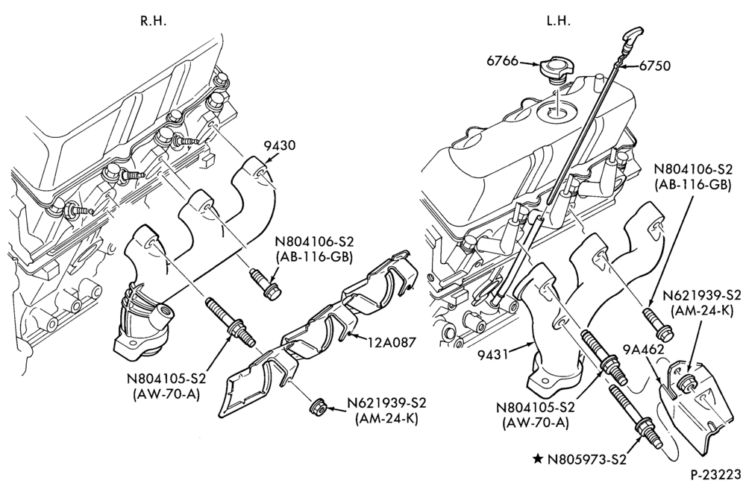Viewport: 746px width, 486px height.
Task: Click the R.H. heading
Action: pos(153,22)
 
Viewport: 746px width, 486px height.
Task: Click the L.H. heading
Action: pos(559,22)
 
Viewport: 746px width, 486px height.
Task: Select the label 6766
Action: pos(502,61)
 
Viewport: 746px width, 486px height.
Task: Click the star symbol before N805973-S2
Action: pos(538,459)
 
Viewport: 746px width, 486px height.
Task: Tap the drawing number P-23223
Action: pos(716,475)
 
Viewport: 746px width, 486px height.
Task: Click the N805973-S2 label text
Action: pos(586,459)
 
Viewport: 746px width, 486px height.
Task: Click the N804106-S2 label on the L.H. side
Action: pos(693,170)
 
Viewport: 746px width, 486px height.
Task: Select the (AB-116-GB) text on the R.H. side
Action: pos(314,257)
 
